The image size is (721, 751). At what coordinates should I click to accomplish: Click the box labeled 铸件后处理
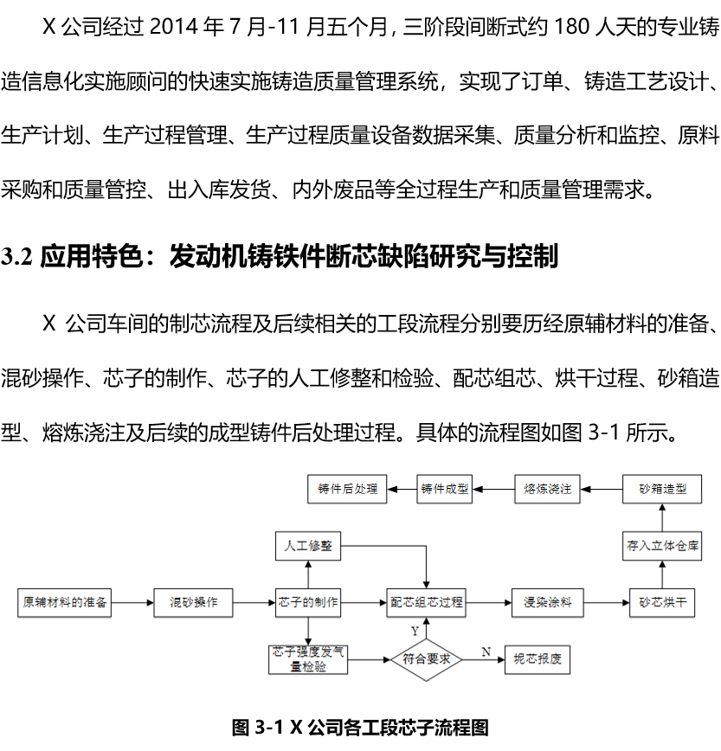(347, 489)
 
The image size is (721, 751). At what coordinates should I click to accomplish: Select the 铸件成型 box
(445, 489)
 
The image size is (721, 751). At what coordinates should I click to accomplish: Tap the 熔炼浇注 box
(547, 489)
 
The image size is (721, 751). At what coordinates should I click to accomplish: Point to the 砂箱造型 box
(662, 489)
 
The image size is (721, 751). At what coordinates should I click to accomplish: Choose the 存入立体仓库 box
(662, 546)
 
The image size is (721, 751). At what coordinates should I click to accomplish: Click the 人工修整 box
(308, 546)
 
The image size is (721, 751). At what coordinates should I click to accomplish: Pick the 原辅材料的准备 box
(65, 602)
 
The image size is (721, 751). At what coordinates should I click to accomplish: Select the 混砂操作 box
(193, 602)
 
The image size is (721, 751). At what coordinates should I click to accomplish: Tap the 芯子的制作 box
(308, 602)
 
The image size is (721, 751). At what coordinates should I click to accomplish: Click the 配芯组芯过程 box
(427, 602)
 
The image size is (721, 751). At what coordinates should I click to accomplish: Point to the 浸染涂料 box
(548, 602)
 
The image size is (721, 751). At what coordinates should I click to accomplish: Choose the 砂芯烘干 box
(662, 602)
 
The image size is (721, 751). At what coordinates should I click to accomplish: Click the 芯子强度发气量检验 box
(308, 659)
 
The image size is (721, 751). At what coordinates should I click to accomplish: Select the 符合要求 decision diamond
(427, 659)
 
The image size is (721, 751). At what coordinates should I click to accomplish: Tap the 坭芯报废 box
(538, 659)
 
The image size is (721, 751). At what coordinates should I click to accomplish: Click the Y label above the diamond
(415, 632)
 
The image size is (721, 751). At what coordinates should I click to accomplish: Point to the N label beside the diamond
(486, 652)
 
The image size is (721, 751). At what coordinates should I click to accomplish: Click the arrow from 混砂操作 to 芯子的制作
(254, 602)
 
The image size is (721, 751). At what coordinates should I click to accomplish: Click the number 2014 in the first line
(174, 26)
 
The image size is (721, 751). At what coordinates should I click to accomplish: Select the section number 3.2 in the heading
(17, 256)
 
